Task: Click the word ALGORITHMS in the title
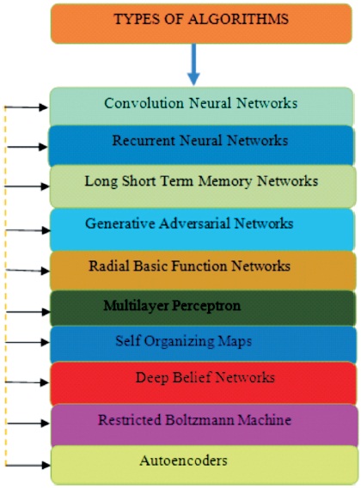[238, 19]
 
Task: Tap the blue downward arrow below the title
[193, 64]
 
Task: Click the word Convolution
[144, 103]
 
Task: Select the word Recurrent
[144, 140]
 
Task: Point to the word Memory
[225, 182]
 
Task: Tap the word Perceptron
[206, 306]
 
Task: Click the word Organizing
[179, 342]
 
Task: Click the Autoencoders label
[183, 461]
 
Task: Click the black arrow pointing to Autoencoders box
[28, 466]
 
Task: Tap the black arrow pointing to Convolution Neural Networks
[27, 107]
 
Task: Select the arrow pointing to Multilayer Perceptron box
[28, 312]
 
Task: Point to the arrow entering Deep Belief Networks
[28, 382]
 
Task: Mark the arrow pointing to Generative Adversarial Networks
[28, 230]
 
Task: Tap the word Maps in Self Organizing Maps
[235, 341]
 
